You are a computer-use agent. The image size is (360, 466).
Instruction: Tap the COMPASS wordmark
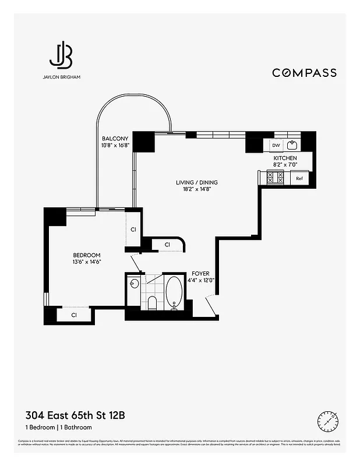pos(304,73)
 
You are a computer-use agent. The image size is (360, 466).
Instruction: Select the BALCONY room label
pos(115,139)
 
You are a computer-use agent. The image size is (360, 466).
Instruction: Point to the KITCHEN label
pos(285,158)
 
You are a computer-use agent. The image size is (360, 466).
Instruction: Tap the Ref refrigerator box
pos(299,179)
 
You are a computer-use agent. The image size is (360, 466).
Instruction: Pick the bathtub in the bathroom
pos(174,292)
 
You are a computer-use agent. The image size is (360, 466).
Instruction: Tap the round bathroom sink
pos(134,284)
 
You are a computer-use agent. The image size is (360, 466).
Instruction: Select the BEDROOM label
pos(86,255)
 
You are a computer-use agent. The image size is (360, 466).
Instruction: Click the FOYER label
pos(201,273)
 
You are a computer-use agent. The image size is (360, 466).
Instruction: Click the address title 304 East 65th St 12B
pos(75,415)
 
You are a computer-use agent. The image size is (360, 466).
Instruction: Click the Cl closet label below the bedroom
pos(75,315)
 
